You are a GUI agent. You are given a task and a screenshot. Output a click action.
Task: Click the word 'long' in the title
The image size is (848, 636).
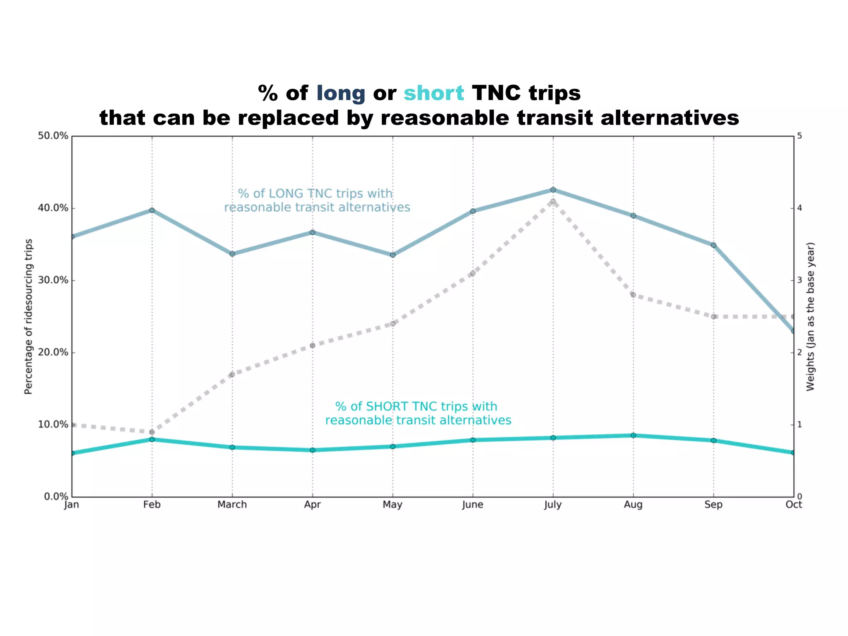(x=340, y=93)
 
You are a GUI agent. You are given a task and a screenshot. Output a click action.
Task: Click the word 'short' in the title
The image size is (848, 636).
(x=434, y=93)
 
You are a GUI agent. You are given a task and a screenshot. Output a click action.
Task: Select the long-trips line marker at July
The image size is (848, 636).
(x=553, y=190)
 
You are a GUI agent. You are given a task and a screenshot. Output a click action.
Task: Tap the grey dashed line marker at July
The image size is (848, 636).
(x=553, y=201)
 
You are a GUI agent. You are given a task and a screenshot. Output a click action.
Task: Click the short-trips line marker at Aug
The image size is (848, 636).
(x=633, y=435)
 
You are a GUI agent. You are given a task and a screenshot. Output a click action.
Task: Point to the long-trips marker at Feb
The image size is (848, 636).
(x=152, y=210)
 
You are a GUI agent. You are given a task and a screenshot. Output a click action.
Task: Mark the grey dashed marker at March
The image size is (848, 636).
(x=232, y=374)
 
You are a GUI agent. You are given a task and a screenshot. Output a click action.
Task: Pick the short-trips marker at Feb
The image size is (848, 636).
(x=152, y=439)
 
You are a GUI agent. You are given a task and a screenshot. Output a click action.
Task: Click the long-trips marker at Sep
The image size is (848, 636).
(x=713, y=245)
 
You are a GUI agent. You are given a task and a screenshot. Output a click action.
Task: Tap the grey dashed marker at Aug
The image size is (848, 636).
(x=633, y=295)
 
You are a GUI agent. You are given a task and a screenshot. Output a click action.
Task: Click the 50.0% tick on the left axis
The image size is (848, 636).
(x=53, y=136)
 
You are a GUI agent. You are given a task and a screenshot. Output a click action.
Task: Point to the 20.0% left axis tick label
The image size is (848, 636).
(x=53, y=352)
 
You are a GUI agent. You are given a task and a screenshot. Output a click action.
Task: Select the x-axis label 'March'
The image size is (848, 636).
(x=232, y=505)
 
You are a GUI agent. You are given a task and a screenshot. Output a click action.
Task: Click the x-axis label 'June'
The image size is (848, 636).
(x=472, y=505)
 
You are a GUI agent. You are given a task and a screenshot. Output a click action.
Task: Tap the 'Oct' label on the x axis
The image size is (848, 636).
(x=793, y=505)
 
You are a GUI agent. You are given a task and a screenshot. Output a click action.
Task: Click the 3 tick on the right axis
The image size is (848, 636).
(x=800, y=280)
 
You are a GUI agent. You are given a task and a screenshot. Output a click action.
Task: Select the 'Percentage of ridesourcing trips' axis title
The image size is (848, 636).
(x=28, y=316)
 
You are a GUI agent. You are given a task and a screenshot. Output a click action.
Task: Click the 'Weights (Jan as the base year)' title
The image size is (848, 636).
(x=810, y=316)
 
